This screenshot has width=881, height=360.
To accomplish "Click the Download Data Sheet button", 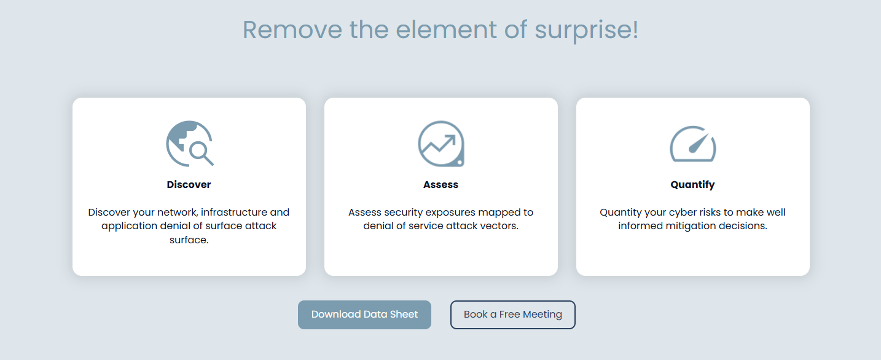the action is tap(364, 315).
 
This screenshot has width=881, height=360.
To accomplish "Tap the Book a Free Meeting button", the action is tap(512, 315).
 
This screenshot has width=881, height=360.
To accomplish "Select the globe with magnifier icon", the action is tap(190, 144).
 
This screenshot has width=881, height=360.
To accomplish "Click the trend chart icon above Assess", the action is tap(441, 144).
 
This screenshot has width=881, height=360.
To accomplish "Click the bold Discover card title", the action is tap(189, 184).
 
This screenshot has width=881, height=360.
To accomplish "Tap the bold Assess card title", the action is tap(440, 184).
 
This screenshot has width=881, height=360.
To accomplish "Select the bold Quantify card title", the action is tap(692, 185).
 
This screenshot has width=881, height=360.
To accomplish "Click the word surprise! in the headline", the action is tap(586, 30).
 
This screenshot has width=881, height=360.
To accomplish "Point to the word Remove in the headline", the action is tap(292, 30).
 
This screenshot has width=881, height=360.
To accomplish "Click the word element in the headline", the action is tap(446, 30).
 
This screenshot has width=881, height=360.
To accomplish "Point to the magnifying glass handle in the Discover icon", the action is tap(208, 160).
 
